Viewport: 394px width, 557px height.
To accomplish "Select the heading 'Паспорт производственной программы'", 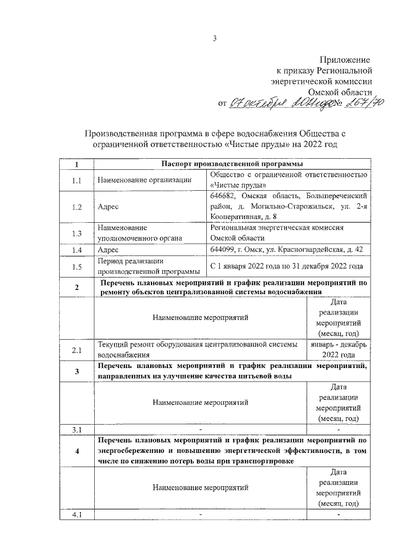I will point(232,164).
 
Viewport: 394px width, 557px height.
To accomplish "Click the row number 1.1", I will point(76,180).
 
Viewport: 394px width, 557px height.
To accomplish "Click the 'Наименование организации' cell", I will point(142,180).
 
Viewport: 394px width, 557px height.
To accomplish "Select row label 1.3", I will point(76,233).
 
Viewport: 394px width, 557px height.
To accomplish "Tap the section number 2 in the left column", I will point(76,287).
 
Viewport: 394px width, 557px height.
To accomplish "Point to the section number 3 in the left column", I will point(76,371).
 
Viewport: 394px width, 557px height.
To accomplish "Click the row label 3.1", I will point(76,429).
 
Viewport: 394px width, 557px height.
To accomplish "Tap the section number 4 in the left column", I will point(76,451).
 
